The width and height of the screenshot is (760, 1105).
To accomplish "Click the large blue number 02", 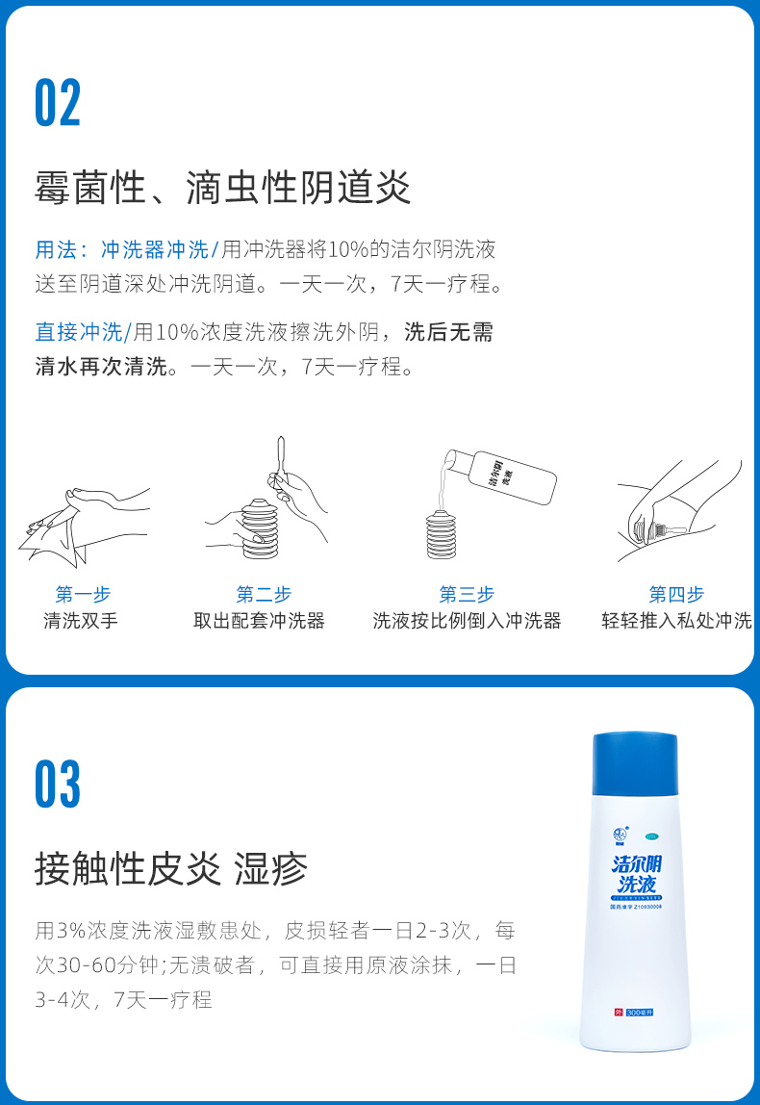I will [x=58, y=104].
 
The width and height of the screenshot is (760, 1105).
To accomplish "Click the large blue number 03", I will [x=58, y=784].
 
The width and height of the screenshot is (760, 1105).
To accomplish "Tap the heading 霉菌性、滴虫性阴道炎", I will [x=223, y=187].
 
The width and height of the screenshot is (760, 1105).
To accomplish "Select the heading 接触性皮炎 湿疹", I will [x=171, y=868].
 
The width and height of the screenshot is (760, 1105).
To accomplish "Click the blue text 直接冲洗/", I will [x=83, y=332].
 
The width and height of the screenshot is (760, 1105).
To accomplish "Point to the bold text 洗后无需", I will [x=449, y=332].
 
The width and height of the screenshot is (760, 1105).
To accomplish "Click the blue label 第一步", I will [x=83, y=594].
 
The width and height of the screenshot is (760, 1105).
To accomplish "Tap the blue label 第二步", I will [x=264, y=594].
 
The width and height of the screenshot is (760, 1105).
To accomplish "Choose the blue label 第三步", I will [x=467, y=594].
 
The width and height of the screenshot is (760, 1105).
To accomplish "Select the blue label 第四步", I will [x=676, y=594].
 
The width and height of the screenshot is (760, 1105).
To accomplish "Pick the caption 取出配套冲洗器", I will [x=260, y=621].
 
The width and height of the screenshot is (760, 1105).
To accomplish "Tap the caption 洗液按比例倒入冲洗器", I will [x=467, y=621].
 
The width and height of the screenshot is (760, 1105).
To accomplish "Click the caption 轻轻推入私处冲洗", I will [x=676, y=621].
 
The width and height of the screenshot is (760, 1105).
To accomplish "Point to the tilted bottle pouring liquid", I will [x=510, y=476].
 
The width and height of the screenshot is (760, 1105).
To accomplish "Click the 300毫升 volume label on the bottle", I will [x=639, y=1013].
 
